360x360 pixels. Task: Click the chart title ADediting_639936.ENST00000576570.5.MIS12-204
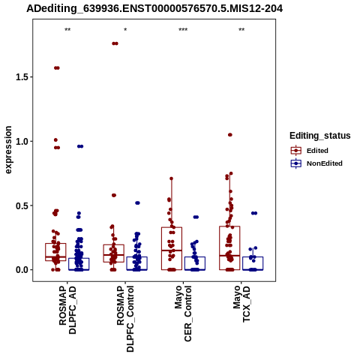(x=154, y=9)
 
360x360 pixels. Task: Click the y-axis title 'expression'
(x=8, y=150)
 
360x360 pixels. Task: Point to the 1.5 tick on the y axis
(x=21, y=77)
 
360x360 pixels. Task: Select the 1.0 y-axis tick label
(x=21, y=141)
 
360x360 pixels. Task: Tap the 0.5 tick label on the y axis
(x=21, y=205)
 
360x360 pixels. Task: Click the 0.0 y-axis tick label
(x=21, y=270)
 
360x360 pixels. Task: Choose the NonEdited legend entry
(x=316, y=163)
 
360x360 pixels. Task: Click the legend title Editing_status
(x=320, y=136)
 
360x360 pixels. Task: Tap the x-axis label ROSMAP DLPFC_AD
(x=67, y=310)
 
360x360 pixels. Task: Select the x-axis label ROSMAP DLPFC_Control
(x=125, y=319)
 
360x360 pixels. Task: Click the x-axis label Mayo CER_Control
(x=183, y=313)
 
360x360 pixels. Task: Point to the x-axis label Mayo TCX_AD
(x=241, y=304)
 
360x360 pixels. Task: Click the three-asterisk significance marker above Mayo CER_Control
(x=183, y=30)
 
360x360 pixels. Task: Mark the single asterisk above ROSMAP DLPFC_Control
(x=125, y=30)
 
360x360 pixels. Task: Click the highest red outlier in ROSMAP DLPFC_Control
(x=115, y=43)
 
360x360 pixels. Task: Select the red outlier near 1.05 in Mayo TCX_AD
(x=230, y=135)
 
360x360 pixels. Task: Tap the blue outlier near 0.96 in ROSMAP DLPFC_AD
(x=80, y=146)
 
